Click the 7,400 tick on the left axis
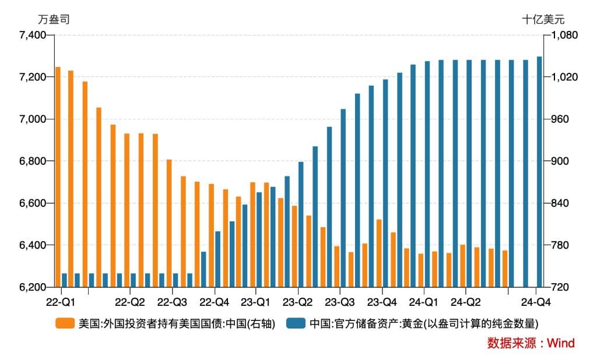pos(33,36)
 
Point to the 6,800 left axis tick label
pos(33,161)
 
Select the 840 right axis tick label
pos(560,203)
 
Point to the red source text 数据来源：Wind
pos(531,343)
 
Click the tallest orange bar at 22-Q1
pos(58,177)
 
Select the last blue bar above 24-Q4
pos(539,172)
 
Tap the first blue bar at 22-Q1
pos(64,280)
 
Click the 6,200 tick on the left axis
pos(33,287)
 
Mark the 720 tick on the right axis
pos(560,287)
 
